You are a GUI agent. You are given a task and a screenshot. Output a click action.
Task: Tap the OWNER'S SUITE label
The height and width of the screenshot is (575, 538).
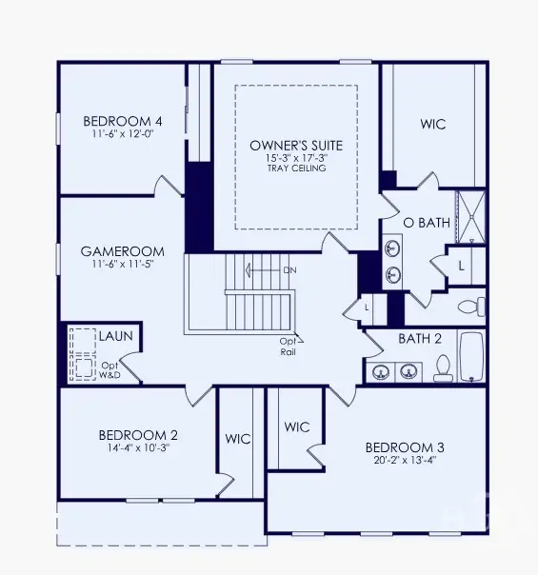[296, 145]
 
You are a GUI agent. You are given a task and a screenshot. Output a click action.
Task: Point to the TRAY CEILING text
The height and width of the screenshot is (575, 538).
[296, 169]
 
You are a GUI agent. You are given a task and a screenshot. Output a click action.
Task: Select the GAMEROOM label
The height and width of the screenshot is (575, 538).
[122, 251]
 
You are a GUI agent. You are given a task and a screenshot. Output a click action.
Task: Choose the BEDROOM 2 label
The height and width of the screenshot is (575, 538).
[138, 435]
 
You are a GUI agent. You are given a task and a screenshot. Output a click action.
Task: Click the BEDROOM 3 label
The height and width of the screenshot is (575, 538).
[405, 446]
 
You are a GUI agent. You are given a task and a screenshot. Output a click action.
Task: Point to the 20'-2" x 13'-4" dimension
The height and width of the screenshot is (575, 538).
[405, 461]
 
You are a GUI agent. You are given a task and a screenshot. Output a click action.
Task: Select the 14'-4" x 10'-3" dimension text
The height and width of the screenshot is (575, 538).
[138, 448]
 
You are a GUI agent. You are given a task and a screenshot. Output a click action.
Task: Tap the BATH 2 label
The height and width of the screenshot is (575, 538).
[420, 338]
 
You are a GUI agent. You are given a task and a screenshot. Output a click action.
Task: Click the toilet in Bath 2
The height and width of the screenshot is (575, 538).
[443, 368]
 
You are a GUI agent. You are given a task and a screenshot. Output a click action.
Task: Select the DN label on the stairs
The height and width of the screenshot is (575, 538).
[289, 270]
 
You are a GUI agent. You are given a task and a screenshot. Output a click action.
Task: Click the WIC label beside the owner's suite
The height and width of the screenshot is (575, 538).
[433, 125]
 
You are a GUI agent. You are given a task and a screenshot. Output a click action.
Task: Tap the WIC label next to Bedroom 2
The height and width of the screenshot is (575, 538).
[238, 439]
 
